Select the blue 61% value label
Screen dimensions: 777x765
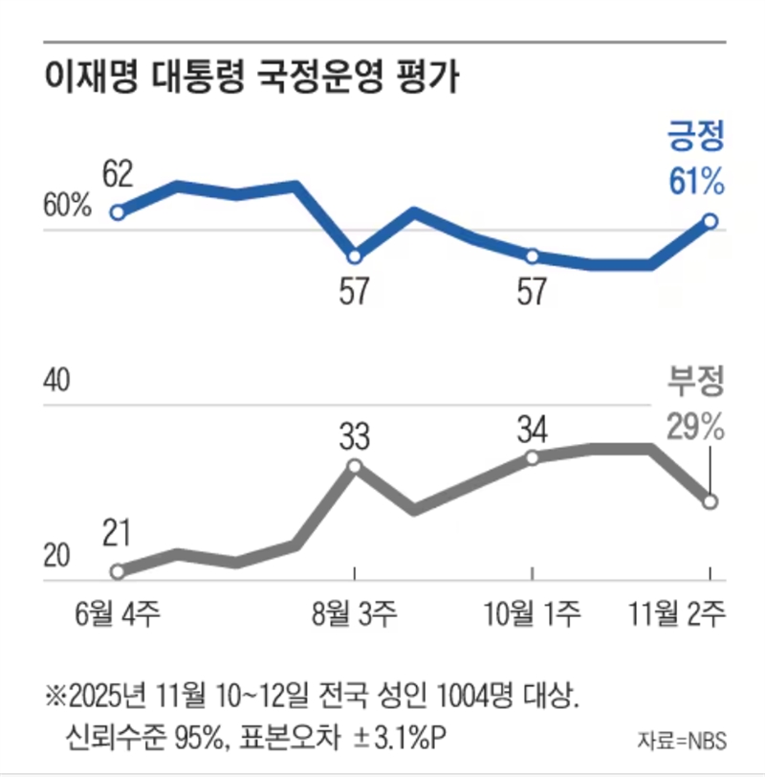pyautogui.click(x=696, y=182)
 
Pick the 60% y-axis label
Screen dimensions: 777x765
pyautogui.click(x=67, y=206)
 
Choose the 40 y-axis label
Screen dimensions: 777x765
pyautogui.click(x=58, y=382)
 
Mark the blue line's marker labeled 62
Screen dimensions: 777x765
pyautogui.click(x=118, y=212)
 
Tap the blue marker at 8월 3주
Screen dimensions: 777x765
pyautogui.click(x=355, y=256)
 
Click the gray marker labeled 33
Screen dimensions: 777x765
pyautogui.click(x=355, y=466)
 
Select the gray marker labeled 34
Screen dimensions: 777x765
pyautogui.click(x=532, y=458)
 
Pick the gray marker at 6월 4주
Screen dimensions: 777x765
pyautogui.click(x=118, y=571)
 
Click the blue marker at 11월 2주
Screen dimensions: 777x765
pyautogui.click(x=710, y=221)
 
